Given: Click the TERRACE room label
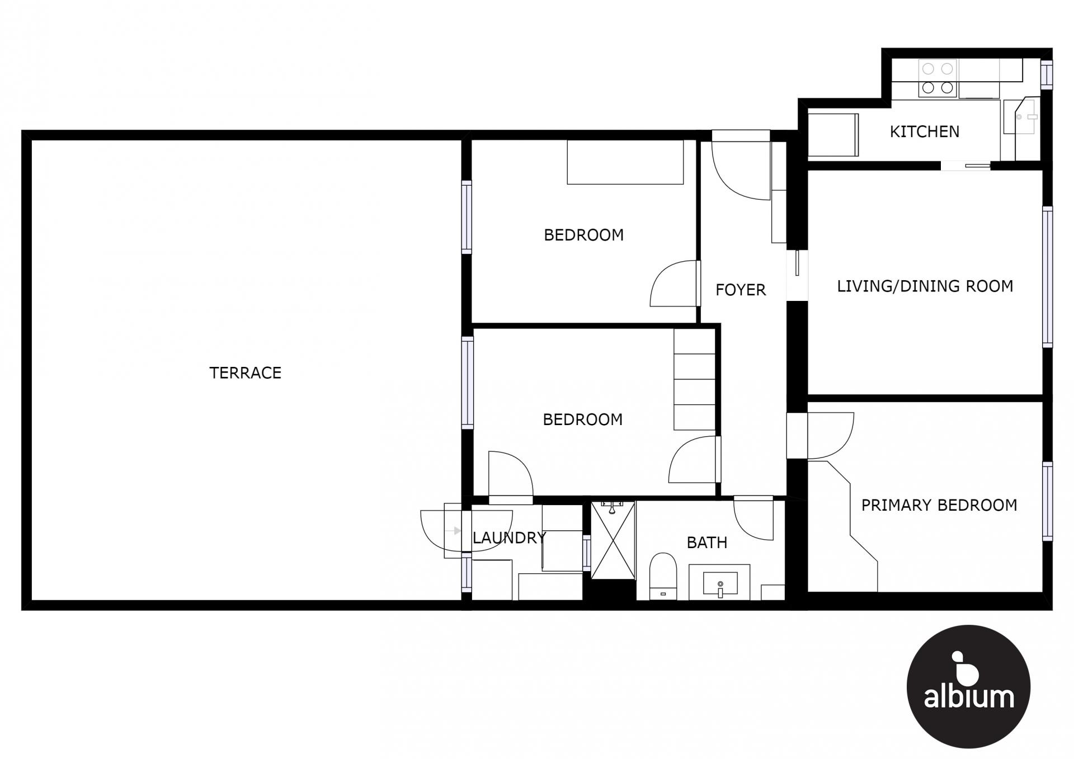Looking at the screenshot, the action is tap(245, 373).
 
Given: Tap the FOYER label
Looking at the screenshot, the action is tap(741, 290).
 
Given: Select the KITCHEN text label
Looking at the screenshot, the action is tap(925, 132).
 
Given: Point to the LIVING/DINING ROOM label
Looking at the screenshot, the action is tap(925, 286).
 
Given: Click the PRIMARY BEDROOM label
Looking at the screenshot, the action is tap(939, 506).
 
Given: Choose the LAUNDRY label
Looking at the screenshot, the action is tap(509, 538).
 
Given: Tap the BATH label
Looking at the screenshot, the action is tap(707, 543).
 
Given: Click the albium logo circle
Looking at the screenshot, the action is tap(968, 687).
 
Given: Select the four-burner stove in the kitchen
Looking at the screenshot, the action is tap(938, 78).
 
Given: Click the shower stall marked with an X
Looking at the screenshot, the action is tap(613, 540).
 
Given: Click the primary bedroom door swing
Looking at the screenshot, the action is tap(830, 436).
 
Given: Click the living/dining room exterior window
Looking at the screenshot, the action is tap(1047, 277).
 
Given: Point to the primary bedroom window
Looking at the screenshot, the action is tap(1047, 501).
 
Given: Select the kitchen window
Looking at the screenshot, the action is tap(1047, 74).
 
